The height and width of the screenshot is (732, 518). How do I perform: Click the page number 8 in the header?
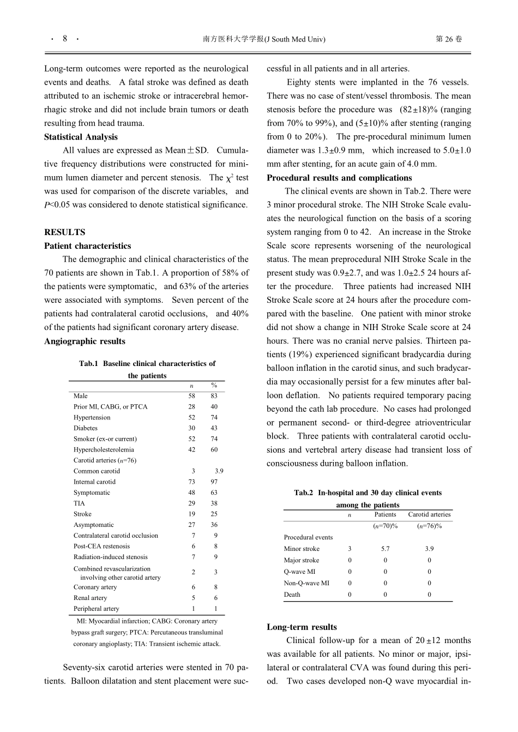(65, 39)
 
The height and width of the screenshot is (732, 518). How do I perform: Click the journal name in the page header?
(263, 39)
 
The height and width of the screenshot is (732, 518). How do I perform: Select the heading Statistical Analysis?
(81, 137)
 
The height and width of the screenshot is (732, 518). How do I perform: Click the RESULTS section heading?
(64, 232)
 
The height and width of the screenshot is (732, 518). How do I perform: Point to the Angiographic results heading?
(85, 341)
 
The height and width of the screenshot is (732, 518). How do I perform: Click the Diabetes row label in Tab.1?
(86, 428)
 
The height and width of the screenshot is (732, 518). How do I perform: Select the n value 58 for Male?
(192, 396)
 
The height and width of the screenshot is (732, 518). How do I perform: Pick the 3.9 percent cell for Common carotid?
(219, 471)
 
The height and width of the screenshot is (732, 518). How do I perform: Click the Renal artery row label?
(91, 598)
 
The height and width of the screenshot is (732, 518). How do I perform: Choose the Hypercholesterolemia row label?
(104, 449)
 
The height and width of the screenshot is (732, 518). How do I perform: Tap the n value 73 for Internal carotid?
(192, 482)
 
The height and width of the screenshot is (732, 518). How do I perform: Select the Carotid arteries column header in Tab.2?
(429, 514)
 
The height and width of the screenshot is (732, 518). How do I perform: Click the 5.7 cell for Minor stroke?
(385, 549)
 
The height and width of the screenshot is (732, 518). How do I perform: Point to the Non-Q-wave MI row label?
(306, 583)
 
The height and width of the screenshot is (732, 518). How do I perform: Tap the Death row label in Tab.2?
(292, 595)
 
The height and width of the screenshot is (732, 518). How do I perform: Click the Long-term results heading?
(302, 627)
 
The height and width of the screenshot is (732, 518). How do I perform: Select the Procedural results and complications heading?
(339, 178)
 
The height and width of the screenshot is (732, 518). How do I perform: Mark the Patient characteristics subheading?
(87, 245)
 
